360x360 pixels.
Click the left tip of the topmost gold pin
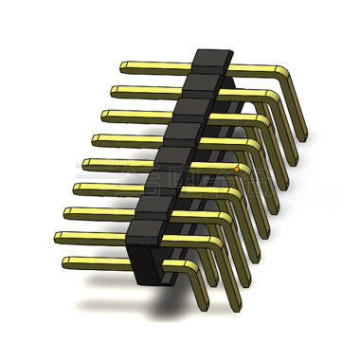click(124, 66)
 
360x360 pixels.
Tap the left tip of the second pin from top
click(114, 92)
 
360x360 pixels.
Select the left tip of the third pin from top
click(104, 117)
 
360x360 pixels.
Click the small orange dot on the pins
click(237, 170)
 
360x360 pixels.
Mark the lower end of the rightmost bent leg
click(302, 138)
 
